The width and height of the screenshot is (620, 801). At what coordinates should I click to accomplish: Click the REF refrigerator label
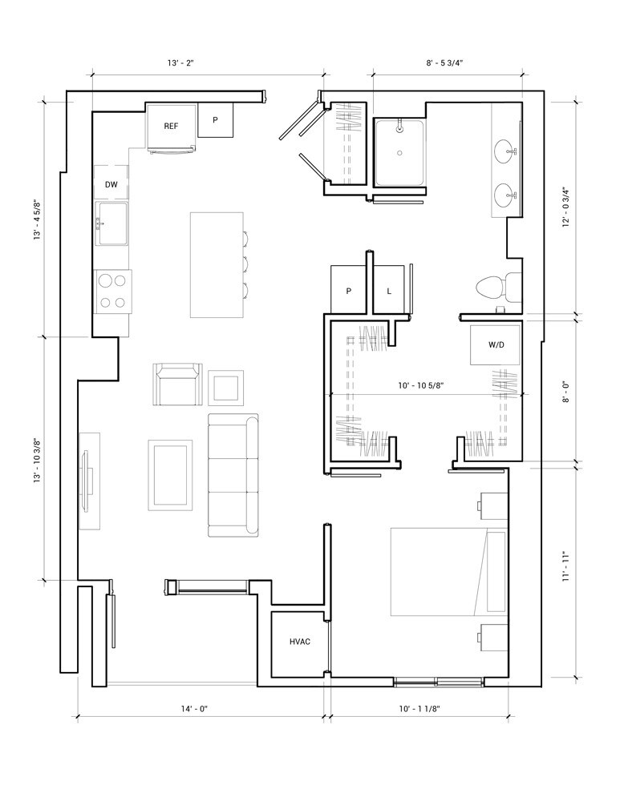click(x=171, y=126)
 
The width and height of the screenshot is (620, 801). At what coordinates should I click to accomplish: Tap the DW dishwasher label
click(x=111, y=184)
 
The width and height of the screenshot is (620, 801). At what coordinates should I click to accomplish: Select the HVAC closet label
click(x=300, y=642)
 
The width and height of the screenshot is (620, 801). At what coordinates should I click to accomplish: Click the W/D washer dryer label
click(x=496, y=344)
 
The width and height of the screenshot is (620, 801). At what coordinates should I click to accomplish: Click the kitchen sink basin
click(x=112, y=223)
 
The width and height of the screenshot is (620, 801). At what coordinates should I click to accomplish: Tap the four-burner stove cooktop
click(x=113, y=292)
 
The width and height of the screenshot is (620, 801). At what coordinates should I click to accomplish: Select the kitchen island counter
click(x=217, y=265)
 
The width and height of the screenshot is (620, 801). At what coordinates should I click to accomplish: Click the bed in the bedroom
click(x=448, y=572)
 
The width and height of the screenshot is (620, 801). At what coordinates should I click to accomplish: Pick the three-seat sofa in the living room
click(x=233, y=475)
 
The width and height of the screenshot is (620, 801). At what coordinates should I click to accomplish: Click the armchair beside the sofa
click(x=177, y=384)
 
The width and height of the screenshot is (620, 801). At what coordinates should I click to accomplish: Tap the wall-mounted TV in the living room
click(x=86, y=480)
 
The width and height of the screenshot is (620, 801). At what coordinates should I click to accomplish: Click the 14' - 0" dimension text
click(x=194, y=709)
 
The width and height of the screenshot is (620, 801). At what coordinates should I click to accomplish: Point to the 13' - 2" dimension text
click(x=180, y=63)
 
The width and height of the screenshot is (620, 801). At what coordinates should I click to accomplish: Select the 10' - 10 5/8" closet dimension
click(x=421, y=386)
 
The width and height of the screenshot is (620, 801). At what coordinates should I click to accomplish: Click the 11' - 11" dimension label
click(x=565, y=566)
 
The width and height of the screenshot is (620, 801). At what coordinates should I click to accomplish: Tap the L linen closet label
click(x=389, y=292)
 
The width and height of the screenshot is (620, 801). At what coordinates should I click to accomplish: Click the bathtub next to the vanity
click(x=399, y=153)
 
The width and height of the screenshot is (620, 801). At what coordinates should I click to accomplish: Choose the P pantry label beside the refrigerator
click(x=216, y=120)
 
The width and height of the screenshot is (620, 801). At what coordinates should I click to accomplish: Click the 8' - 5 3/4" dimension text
click(x=444, y=63)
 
